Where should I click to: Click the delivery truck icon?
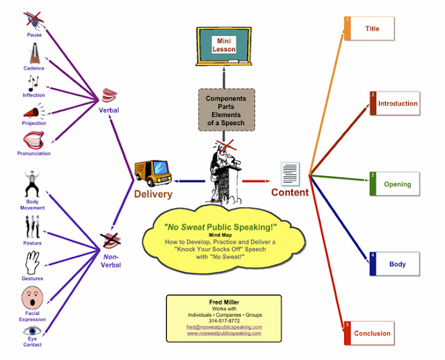(x=152, y=171)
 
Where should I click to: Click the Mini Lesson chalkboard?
(x=224, y=44)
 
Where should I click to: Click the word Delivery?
(x=153, y=195)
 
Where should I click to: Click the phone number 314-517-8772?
(x=224, y=320)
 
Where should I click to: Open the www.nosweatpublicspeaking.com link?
(x=224, y=334)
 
